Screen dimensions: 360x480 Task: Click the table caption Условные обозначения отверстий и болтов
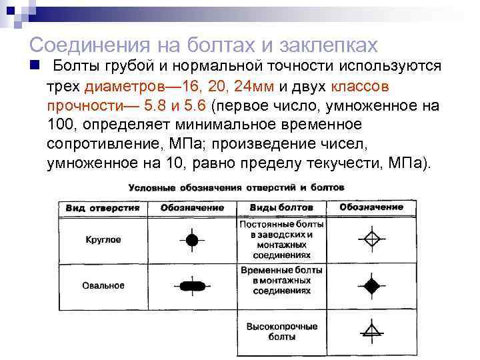[236, 188]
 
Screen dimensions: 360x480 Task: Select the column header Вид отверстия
[103, 207]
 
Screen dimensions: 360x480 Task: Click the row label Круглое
[103, 239]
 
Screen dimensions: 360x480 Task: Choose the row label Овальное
[103, 285]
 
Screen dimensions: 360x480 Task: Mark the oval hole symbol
[192, 286]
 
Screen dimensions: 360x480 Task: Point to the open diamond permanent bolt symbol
[371, 238]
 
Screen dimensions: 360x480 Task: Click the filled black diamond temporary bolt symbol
[371, 285]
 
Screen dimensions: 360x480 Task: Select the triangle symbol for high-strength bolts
[371, 329]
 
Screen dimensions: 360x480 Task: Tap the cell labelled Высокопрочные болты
[281, 332]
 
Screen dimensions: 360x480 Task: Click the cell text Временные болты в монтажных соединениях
[281, 281]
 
